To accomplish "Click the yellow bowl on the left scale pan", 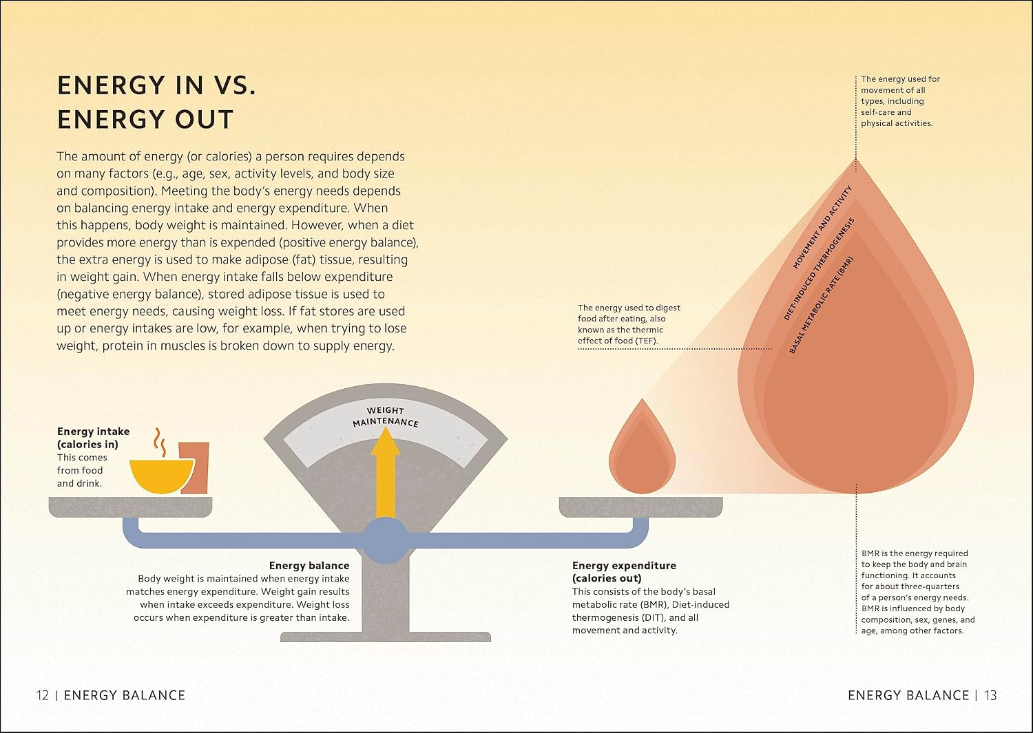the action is (162, 476).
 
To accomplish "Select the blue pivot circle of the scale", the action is (386, 540).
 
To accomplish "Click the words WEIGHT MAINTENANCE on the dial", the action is (386, 417).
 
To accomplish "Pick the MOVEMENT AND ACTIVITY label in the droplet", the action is (822, 227).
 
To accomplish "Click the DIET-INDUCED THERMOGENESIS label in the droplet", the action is (819, 268).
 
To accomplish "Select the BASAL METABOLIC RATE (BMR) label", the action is (822, 305).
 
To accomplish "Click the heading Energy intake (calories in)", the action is (94, 438).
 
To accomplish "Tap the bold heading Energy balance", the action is (309, 565).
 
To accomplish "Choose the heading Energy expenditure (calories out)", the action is (624, 572).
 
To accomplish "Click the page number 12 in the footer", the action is (43, 695).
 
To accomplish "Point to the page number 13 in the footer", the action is (990, 695).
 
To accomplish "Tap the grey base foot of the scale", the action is (386, 637).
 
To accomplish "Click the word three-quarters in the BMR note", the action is (933, 586).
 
